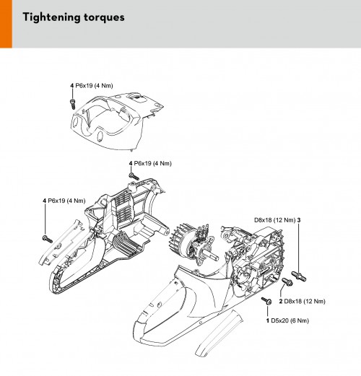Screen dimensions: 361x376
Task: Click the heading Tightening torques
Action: [74, 17]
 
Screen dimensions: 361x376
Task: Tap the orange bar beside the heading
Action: [6, 24]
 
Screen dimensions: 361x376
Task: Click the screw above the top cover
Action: [72, 104]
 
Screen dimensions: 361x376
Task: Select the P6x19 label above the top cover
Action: [92, 86]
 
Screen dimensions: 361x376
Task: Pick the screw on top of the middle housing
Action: [134, 176]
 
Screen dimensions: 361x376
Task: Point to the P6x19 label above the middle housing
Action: [150, 163]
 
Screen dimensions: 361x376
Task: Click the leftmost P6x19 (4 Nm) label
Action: [64, 201]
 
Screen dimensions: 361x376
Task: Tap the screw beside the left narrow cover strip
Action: [47, 240]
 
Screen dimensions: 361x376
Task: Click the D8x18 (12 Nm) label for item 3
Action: [274, 220]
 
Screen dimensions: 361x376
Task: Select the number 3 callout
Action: [299, 220]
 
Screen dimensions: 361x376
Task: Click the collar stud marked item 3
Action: [299, 276]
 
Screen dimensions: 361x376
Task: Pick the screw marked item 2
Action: [287, 281]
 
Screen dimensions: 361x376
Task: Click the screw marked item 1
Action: [266, 300]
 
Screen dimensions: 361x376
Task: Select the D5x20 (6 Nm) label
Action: [290, 320]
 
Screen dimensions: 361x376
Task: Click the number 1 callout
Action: [268, 320]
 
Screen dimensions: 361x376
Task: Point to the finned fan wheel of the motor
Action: [181, 240]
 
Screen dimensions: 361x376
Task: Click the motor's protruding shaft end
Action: [214, 257]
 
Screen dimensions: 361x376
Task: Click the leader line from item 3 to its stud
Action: [299, 248]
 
